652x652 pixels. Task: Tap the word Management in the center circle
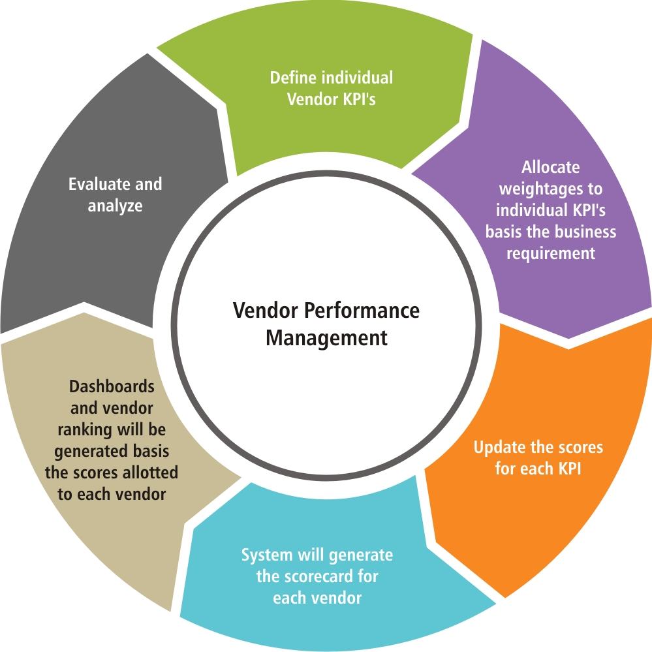tap(326, 339)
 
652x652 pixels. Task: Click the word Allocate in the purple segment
tap(550, 167)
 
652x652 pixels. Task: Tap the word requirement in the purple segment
tap(550, 253)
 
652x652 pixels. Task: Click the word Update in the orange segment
tap(498, 448)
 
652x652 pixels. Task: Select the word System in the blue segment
tap(268, 555)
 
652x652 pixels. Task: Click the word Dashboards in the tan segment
tap(112, 386)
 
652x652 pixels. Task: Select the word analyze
tap(115, 206)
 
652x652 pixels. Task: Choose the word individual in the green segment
tap(357, 78)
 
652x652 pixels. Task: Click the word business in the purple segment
tap(585, 232)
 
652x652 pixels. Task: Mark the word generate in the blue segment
tap(361, 555)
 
